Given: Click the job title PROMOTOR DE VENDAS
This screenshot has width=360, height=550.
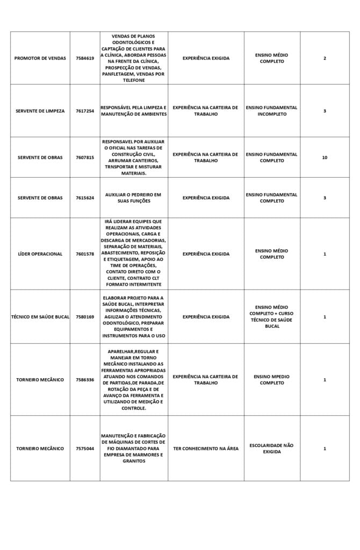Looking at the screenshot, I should coord(40,58).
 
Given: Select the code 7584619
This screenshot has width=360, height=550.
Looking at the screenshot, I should coord(85,58).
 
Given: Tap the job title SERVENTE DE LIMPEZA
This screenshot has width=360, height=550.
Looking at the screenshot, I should coord(40,111).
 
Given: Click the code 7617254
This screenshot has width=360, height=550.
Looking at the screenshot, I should coord(85,111).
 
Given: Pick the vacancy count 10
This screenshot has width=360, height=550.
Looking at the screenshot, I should coord(325,158).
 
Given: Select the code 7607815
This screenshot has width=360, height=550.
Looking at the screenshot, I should coord(85,158).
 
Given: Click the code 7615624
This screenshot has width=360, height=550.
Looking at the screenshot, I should coord(85,198).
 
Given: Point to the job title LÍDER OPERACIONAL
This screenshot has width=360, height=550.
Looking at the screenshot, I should coord(40,254).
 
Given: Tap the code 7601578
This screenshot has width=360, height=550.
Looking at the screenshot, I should coord(85,254).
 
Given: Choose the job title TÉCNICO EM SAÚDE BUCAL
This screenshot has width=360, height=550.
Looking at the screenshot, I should coord(40,317).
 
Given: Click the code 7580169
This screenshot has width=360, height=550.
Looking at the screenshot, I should coord(85,317).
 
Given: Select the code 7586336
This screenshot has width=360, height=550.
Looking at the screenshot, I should coord(85,380).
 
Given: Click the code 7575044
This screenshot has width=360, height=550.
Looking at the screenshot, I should coord(85,448).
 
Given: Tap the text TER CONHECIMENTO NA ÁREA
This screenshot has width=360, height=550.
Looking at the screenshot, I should coord(206,448).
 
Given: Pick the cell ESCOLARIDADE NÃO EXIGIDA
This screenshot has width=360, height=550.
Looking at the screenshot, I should coord(272,448).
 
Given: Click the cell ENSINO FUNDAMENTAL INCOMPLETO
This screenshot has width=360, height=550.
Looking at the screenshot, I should coord(272,111).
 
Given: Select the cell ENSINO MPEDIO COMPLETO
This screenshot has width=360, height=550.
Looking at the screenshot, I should coord(272,380).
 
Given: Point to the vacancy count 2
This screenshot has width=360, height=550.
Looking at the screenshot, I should coord(325,58).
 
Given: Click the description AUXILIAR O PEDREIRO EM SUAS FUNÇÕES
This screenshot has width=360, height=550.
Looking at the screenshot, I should coord(133,198).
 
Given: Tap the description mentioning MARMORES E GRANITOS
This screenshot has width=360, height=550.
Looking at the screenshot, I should coord(134,448).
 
